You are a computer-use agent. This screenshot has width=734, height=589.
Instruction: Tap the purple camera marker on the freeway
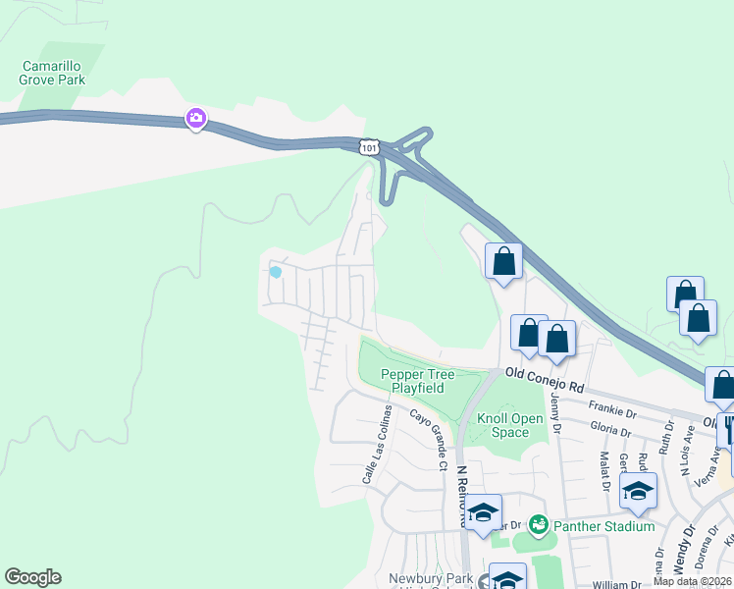[196, 119]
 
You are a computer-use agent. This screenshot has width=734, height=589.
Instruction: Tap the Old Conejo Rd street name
[545, 373]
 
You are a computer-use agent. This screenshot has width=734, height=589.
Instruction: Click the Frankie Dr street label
[611, 404]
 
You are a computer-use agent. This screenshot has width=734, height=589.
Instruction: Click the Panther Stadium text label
[603, 526]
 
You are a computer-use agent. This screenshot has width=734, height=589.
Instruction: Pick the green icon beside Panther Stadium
[538, 525]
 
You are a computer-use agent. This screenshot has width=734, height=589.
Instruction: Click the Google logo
[32, 577]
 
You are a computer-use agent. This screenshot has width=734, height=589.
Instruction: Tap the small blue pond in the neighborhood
[276, 272]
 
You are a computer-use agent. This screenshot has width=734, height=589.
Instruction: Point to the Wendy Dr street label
[685, 550]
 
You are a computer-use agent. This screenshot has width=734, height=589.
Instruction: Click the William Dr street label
[617, 584]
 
